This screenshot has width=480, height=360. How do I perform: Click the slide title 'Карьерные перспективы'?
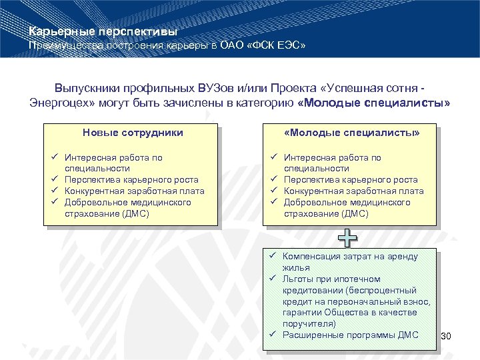[x=103, y=31]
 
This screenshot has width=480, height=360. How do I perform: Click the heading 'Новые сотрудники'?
[x=133, y=133]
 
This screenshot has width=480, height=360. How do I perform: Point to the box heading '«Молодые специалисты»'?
[x=351, y=133]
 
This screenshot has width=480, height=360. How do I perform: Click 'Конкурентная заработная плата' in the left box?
[x=134, y=191]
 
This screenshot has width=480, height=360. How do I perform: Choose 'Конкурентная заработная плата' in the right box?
[x=353, y=191]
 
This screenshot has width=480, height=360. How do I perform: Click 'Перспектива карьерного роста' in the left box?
[x=131, y=179]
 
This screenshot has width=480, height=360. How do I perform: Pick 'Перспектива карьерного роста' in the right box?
[x=351, y=179]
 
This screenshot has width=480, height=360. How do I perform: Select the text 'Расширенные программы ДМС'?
[x=351, y=335]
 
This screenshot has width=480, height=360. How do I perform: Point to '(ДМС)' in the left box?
[x=131, y=213]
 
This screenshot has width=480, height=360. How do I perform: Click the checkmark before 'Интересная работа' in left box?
[x=53, y=157]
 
